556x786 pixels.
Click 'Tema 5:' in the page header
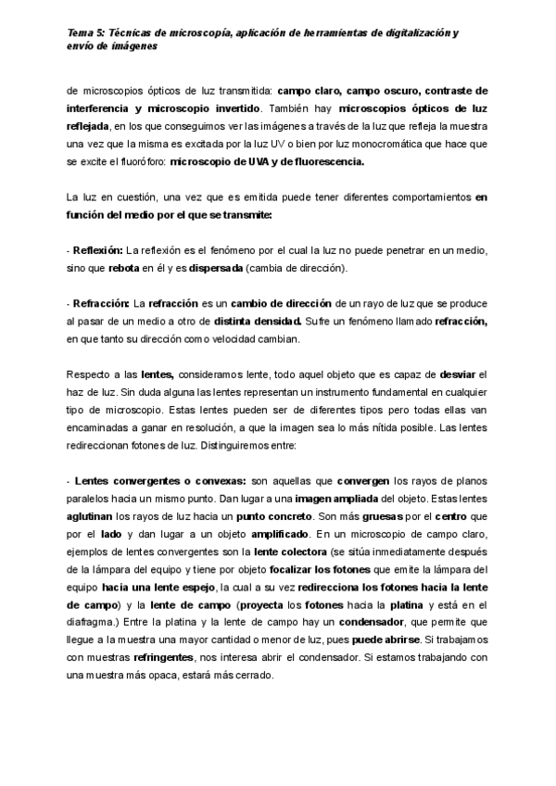tap(85, 32)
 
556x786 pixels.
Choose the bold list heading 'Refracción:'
tap(100, 304)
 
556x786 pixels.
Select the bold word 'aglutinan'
tap(93, 515)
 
